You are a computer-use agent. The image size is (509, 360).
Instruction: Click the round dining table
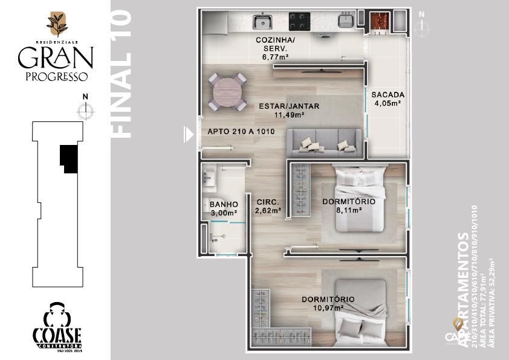click(227, 91)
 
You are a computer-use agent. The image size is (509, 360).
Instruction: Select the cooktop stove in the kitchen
click(299, 22)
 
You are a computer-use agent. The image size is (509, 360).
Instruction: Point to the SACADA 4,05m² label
click(387, 99)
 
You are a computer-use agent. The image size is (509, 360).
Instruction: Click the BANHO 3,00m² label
click(224, 208)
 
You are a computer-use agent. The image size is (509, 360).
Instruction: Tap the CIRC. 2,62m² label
click(268, 207)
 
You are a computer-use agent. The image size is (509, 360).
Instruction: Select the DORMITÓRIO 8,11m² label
click(349, 205)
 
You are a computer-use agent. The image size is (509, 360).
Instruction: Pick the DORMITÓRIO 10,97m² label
click(328, 303)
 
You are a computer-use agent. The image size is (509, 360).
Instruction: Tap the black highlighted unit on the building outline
click(68, 159)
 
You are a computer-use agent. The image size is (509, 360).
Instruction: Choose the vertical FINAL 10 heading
click(122, 74)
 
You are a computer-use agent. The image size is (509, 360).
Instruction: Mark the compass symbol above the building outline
click(85, 109)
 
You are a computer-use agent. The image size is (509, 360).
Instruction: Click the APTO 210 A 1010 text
click(241, 132)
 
